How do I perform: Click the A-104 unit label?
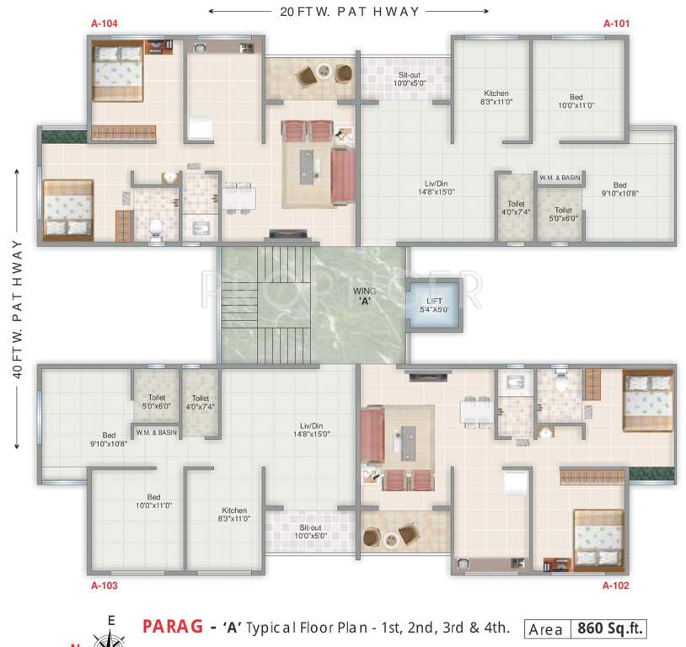point(104,24)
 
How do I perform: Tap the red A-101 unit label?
point(616,24)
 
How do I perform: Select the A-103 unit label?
point(104,585)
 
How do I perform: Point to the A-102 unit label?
point(616,585)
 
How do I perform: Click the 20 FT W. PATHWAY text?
point(348,12)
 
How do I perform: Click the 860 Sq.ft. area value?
point(609,628)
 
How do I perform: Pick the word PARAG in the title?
point(173,627)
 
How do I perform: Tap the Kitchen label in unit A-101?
point(496,98)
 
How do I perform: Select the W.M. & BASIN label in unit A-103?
point(156,432)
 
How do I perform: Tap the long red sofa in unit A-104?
point(342,175)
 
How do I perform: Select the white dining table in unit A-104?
point(238,195)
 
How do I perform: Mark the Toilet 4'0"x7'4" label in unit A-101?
point(515,208)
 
